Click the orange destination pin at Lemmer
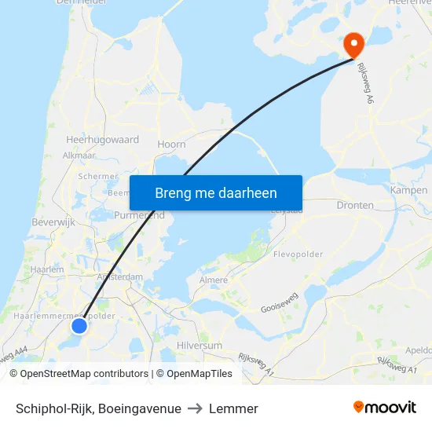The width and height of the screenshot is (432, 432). [353, 44]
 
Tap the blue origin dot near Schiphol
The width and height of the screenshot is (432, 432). [79, 325]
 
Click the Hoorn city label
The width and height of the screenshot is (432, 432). [171, 145]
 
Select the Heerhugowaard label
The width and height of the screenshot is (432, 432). [102, 139]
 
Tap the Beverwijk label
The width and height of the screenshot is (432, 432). [52, 223]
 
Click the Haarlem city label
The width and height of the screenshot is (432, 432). [47, 269]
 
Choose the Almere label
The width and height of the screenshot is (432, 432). [214, 280]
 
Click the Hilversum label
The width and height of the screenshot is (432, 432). [200, 345]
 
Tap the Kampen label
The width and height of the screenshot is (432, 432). [408, 190]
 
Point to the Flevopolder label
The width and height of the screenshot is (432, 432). [298, 254]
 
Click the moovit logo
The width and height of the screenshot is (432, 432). [384, 408]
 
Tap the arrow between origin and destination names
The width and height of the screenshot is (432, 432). [195, 408]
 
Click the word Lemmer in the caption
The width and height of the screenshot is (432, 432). [233, 408]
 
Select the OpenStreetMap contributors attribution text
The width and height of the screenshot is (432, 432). [79, 374]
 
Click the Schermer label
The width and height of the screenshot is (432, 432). [99, 177]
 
